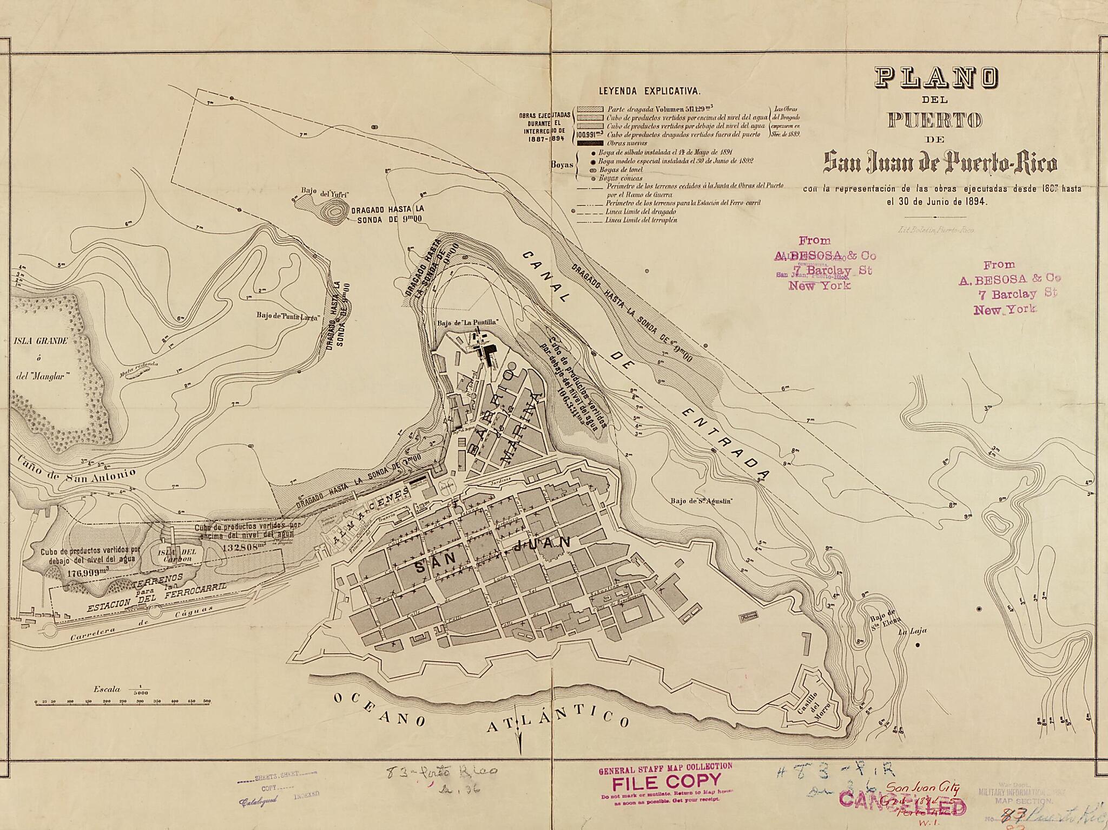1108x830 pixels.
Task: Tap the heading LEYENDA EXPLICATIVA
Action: point(649,91)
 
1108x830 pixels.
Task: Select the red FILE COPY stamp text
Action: point(667,781)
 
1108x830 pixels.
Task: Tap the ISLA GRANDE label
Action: point(41,341)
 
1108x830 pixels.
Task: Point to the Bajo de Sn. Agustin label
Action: point(701,501)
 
